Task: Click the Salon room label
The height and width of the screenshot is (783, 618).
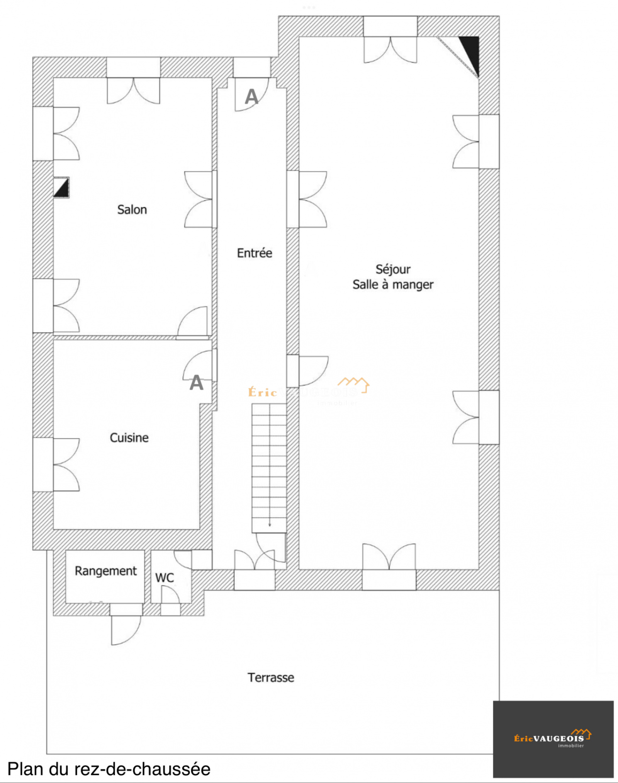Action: tap(132, 209)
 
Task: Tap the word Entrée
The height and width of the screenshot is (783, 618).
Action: tap(255, 253)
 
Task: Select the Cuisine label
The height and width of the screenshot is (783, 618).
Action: tap(129, 437)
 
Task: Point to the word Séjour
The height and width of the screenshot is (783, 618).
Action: tap(393, 269)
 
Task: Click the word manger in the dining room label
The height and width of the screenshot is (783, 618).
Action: tap(413, 285)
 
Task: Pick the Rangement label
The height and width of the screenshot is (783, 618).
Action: tap(105, 571)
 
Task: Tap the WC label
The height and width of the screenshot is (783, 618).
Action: tap(165, 578)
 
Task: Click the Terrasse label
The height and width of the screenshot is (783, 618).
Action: tap(271, 677)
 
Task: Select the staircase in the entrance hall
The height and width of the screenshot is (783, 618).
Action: tap(269, 468)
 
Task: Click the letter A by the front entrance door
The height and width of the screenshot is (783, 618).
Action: tap(251, 97)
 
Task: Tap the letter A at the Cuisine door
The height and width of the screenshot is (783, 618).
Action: tap(196, 383)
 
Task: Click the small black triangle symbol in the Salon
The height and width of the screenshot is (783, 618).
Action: tap(61, 188)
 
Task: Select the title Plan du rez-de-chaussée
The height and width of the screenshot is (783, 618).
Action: tap(109, 769)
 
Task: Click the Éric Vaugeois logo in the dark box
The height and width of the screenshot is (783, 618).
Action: tap(552, 739)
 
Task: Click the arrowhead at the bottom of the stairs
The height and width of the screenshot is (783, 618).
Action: tap(270, 525)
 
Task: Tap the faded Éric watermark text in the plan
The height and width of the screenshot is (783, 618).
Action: tap(263, 393)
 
